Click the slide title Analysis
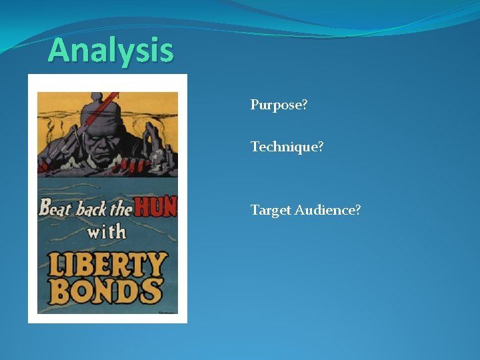111,50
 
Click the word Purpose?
279,105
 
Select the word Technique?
287,146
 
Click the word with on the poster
107,233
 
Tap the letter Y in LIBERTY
157,264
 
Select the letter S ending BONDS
152,291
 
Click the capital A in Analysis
59,50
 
